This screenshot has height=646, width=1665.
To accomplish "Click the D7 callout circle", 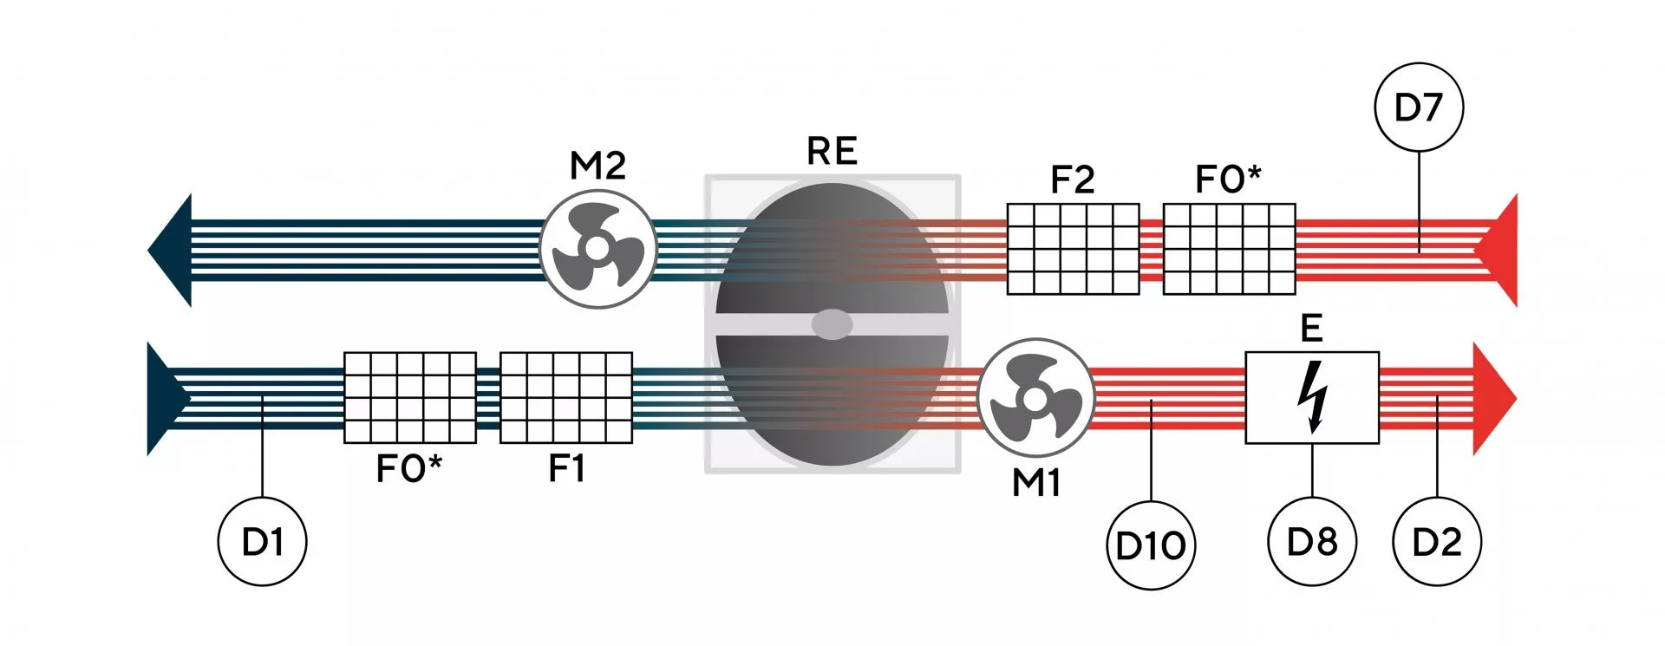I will coord(1419,108).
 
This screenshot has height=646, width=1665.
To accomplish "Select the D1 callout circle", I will coord(262,542).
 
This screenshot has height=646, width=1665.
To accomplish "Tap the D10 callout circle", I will coord(1151,545).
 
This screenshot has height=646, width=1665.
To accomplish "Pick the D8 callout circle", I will coord(1312,542).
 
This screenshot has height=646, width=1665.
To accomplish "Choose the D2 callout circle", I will coord(1437,542).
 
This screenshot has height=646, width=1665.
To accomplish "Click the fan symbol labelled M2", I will coord(597,248).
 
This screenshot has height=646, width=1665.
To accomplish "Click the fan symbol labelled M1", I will coord(1035,398).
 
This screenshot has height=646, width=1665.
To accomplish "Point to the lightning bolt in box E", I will coord(1312,396).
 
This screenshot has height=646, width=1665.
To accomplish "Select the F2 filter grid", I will coord(1073,249).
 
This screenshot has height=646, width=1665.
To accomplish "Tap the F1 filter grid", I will coord(566,397).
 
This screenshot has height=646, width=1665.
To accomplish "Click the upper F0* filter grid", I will coord(1229,249).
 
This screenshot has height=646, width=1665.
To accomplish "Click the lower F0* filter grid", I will coord(410,397).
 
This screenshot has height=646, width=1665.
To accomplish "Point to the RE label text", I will coord(832,151).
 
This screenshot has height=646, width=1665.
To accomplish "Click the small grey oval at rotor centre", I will coord(832,324).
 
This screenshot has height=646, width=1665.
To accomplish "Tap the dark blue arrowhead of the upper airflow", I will coord(170,250).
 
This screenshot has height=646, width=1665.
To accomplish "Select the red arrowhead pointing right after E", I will coord(1494,398).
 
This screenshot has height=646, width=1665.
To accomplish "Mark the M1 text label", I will coord(1036,483).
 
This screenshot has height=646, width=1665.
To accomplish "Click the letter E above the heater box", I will coord(1311,329).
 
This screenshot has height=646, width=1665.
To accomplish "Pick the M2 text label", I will coord(597,165).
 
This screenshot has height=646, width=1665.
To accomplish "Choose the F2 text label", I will coord(1073,179).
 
